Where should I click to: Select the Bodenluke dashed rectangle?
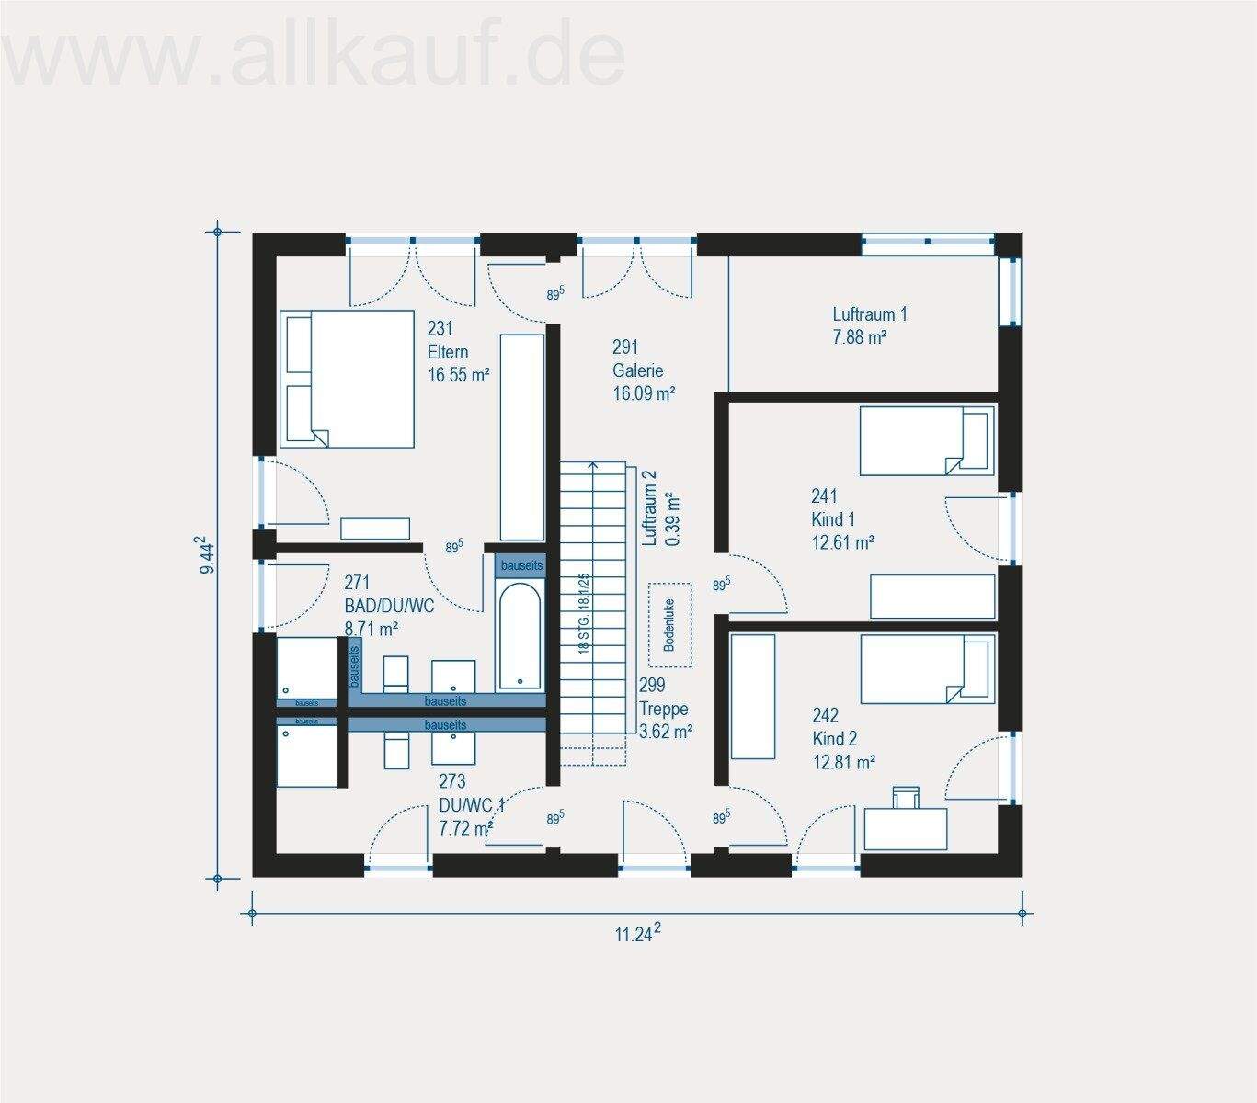[669, 625]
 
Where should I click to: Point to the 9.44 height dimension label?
[208, 556]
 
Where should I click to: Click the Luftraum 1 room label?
[869, 314]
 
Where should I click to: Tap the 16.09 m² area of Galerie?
[644, 394]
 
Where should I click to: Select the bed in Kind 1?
[926, 441]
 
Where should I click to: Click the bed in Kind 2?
[926, 668]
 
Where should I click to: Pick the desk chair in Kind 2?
[906, 797]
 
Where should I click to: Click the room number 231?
[440, 328]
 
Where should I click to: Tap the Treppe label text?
[663, 709]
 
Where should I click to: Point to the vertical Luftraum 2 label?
[650, 508]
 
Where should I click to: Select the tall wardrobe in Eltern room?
[522, 437]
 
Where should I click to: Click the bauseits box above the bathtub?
[521, 565]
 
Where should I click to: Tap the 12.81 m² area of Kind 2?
[843, 762]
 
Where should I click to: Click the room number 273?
[451, 781]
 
